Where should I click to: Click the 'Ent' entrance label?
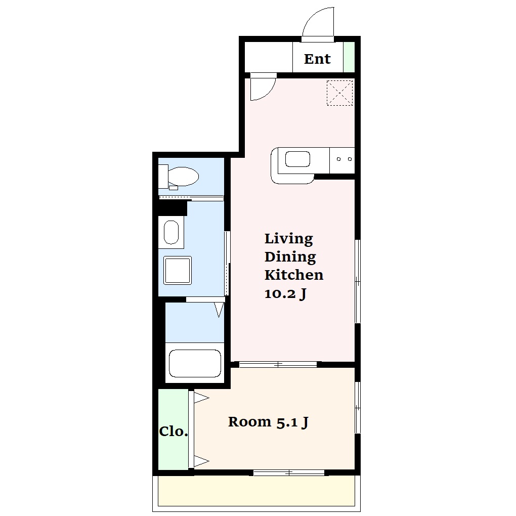(x=317, y=59)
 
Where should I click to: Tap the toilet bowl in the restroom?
(x=183, y=176)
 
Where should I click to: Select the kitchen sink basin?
(x=297, y=159)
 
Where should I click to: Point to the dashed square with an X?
(x=339, y=93)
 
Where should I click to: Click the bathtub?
(x=194, y=363)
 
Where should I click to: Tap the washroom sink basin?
(x=171, y=232)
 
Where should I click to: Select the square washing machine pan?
(x=178, y=270)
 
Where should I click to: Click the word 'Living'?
(x=288, y=239)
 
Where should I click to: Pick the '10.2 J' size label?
(x=285, y=293)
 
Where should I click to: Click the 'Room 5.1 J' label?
(x=268, y=422)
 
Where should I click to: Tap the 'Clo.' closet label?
(x=174, y=432)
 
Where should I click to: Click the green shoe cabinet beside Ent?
(x=349, y=57)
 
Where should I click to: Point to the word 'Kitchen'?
(x=294, y=275)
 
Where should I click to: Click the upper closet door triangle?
(x=201, y=398)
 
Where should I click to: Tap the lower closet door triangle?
(x=201, y=461)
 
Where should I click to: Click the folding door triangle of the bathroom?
(x=219, y=310)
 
